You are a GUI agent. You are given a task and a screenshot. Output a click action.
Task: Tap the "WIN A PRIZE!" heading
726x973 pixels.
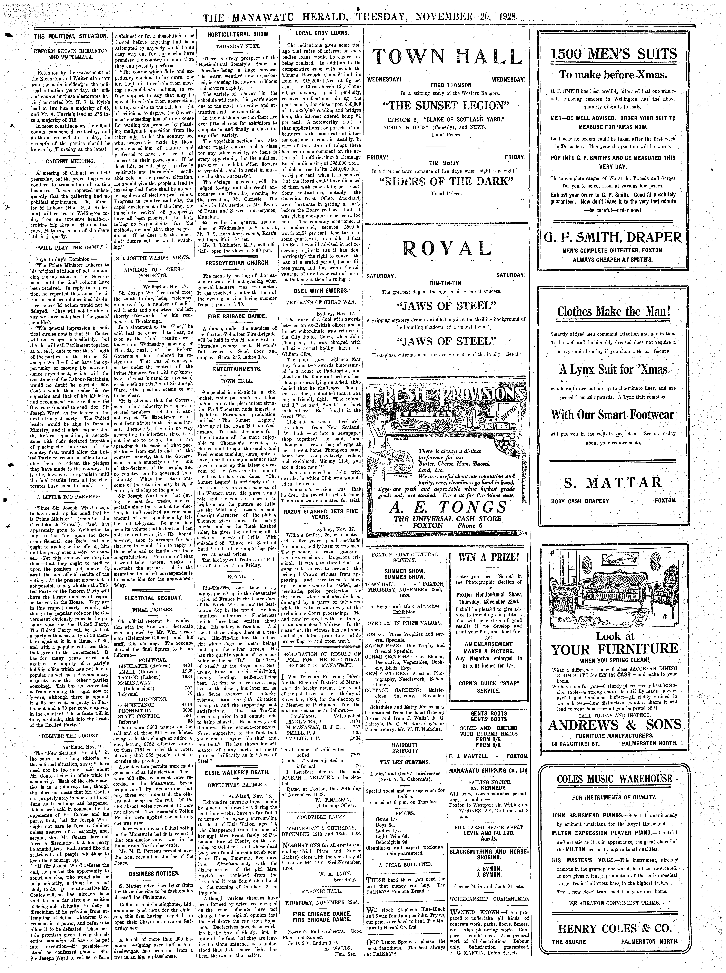[x=488, y=558]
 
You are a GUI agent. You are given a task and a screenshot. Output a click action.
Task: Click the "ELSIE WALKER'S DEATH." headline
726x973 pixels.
[x=238, y=772]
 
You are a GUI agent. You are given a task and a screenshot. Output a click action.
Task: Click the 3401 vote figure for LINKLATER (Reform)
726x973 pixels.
[x=187, y=666]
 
